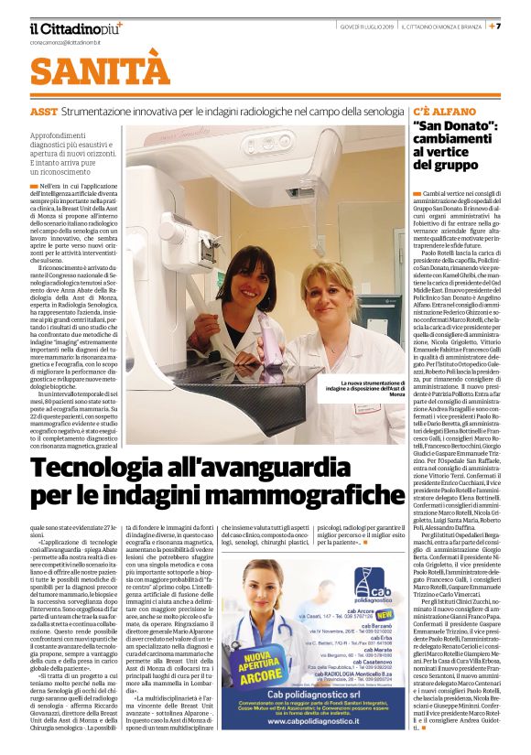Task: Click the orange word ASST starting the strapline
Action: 43,111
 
